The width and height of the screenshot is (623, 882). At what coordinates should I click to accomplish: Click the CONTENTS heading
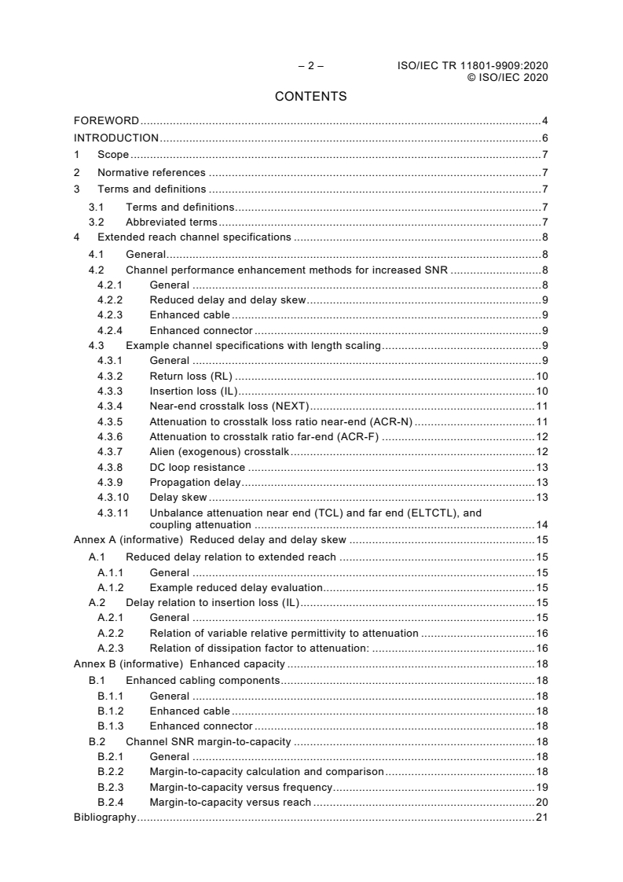click(x=310, y=97)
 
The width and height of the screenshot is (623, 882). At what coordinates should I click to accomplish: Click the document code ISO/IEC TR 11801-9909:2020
click(x=472, y=66)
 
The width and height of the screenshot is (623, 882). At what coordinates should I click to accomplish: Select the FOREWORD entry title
click(x=106, y=121)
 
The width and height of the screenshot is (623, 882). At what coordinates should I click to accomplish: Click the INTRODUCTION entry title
click(x=116, y=138)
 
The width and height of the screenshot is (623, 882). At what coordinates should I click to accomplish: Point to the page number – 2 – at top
click(x=310, y=66)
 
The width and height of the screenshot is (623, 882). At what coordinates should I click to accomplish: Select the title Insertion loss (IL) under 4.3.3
click(x=193, y=391)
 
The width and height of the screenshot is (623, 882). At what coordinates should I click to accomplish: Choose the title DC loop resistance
click(x=197, y=467)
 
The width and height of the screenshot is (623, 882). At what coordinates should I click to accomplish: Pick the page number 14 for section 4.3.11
click(x=541, y=525)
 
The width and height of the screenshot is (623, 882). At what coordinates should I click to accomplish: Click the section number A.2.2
click(x=112, y=633)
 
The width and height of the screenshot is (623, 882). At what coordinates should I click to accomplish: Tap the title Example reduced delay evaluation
click(x=236, y=587)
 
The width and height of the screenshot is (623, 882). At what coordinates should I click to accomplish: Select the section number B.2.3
click(x=112, y=787)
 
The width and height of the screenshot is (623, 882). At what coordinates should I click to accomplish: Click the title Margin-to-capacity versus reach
click(x=230, y=803)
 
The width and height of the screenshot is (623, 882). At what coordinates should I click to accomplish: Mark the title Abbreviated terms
click(x=171, y=222)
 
